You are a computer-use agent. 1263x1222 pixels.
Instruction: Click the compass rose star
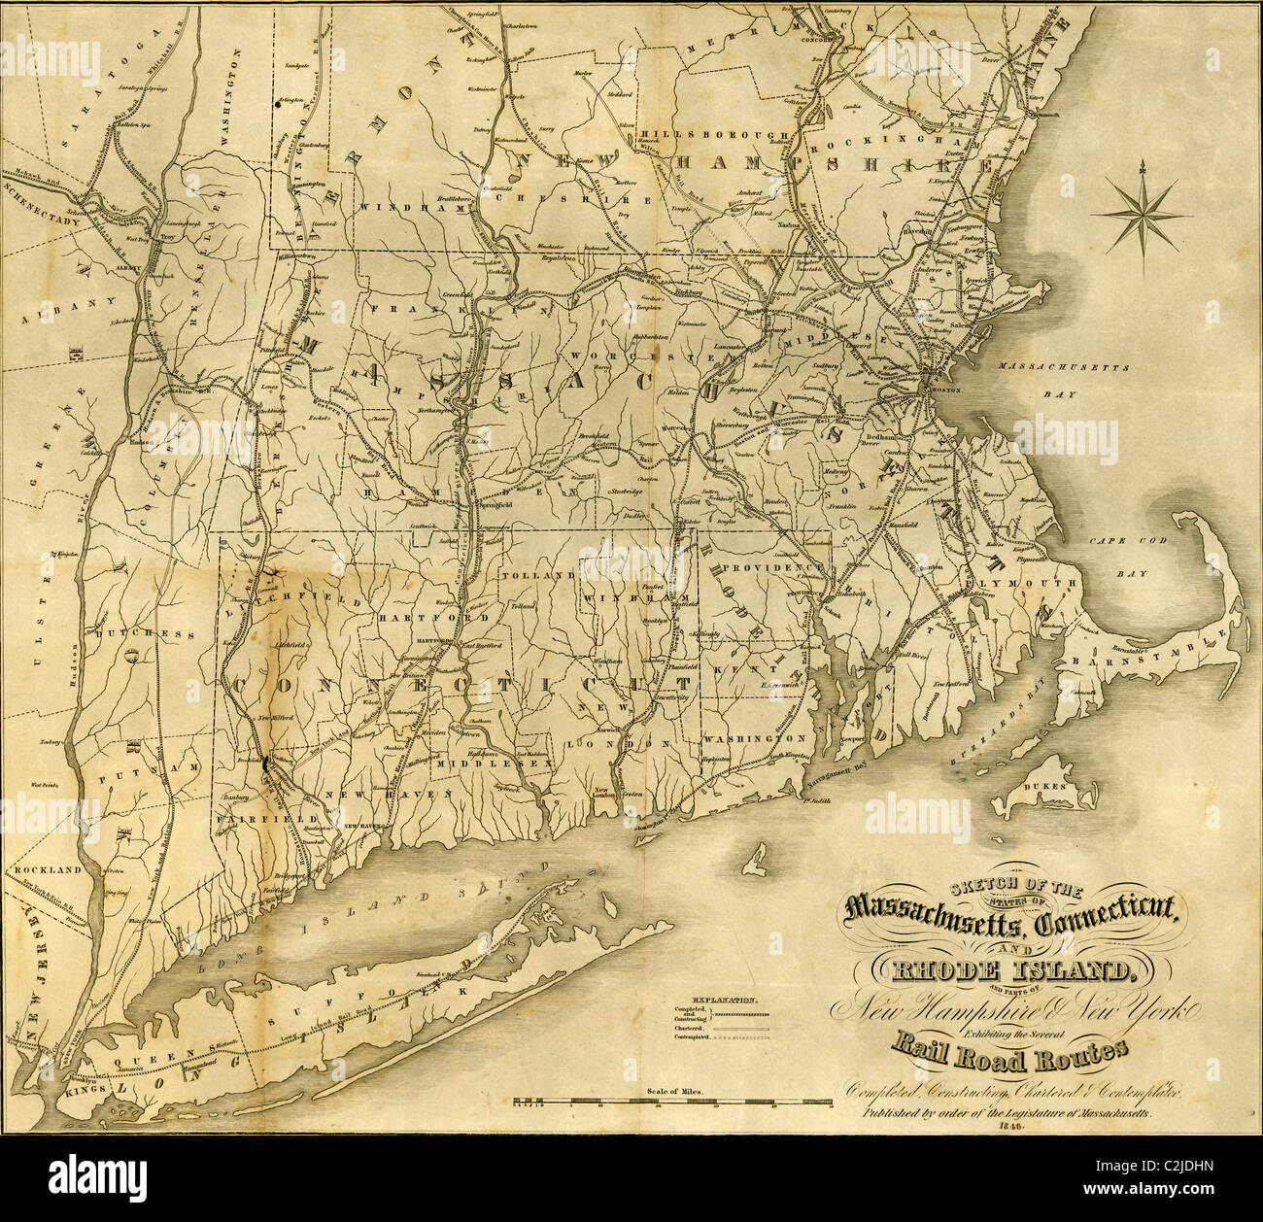(x=1142, y=215)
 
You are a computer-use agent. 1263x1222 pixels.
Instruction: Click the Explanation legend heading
(x=723, y=999)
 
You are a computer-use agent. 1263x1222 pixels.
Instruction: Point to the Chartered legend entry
(x=689, y=1027)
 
